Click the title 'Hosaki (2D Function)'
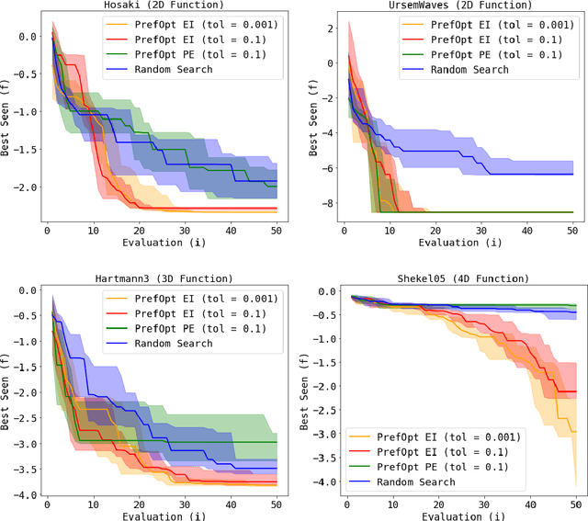tap(159, 6)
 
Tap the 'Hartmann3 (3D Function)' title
tap(159, 278)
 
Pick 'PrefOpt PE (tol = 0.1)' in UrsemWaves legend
tap(473, 53)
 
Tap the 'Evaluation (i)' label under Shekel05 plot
tap(459, 515)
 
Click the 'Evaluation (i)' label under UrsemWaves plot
tap(459, 243)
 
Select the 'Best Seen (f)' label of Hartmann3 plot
tap(6, 391)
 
